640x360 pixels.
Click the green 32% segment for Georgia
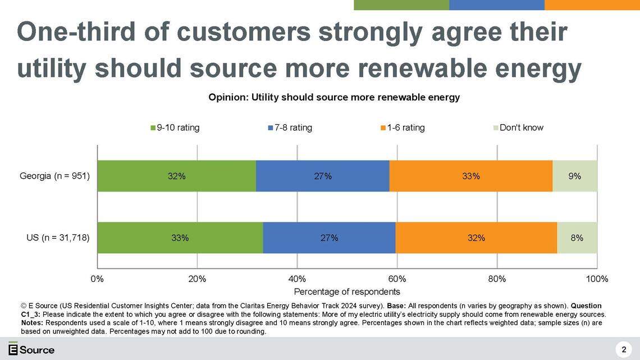[x=176, y=176]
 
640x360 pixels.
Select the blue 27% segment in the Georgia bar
[x=323, y=176]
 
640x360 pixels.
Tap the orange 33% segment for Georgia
[x=471, y=176]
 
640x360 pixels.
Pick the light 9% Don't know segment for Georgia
[x=575, y=176]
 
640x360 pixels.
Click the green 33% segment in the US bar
[x=180, y=238]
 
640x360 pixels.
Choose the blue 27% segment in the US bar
[x=329, y=238]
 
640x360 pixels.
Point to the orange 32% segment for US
[x=476, y=238]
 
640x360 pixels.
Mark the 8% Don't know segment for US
[x=577, y=238]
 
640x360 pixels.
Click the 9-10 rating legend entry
[x=175, y=127]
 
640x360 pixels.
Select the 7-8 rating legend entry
[x=290, y=127]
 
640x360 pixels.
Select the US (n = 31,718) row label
[x=58, y=238]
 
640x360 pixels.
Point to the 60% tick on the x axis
[x=397, y=279]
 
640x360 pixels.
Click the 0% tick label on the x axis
[x=97, y=279]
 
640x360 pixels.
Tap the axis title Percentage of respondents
[x=347, y=291]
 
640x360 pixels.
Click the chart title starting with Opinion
[x=334, y=98]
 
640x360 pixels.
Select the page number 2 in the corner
[x=624, y=350]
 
